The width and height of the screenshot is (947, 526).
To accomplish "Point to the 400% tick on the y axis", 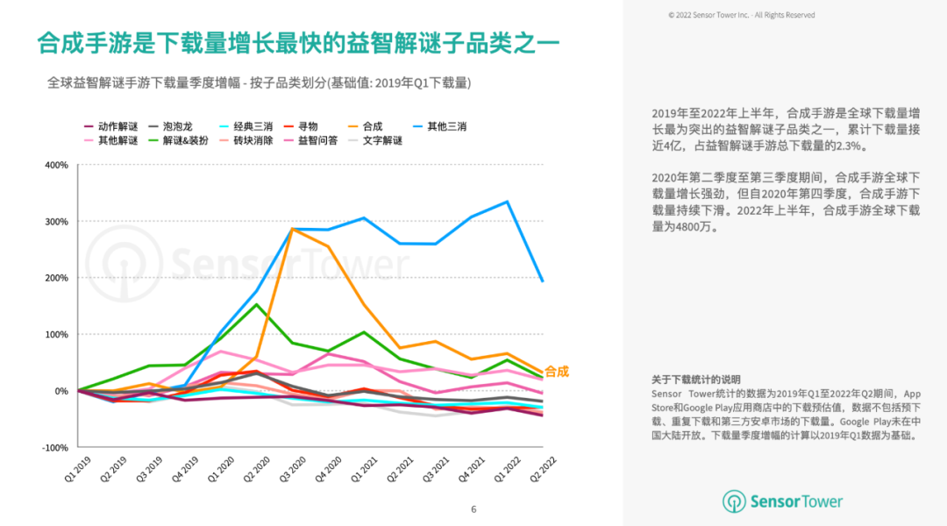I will (56, 166).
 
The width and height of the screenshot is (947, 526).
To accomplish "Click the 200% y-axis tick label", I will (56, 278).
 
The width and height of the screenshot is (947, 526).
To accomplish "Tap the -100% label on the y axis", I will (54, 448).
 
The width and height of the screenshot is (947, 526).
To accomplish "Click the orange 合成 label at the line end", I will (557, 372).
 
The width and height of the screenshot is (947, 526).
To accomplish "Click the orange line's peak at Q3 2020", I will (292, 229).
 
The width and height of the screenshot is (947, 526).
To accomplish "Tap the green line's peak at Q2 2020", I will (256, 304).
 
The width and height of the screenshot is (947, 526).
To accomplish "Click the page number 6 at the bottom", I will (473, 509).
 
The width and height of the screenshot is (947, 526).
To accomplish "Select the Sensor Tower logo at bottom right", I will (782, 501).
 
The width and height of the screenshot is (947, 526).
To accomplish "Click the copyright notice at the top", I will (741, 15).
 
